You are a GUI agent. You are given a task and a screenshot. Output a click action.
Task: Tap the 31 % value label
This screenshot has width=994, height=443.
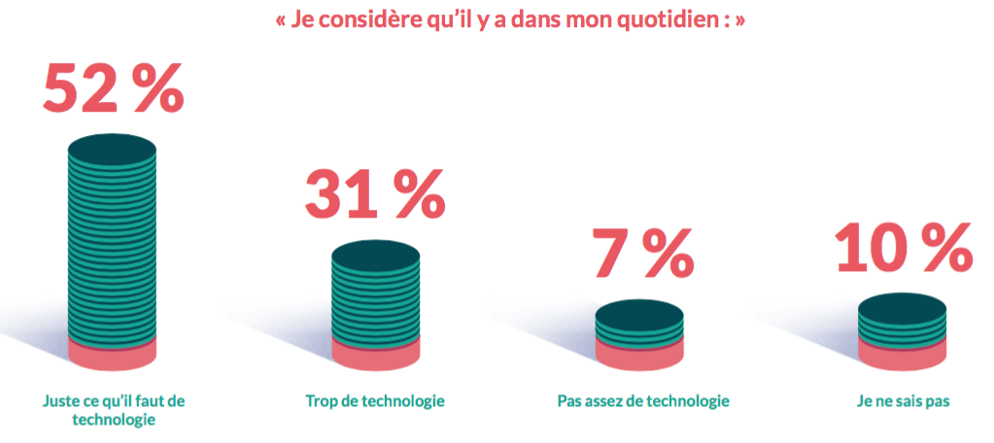(374, 193)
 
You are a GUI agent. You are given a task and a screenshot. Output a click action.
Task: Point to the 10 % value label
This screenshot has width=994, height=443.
(904, 248)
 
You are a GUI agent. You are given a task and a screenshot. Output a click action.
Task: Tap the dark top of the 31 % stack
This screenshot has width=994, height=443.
(375, 255)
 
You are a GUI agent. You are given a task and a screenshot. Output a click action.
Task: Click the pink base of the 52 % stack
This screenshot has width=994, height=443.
(112, 356)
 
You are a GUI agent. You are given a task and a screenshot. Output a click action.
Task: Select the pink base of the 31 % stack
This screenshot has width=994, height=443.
(375, 356)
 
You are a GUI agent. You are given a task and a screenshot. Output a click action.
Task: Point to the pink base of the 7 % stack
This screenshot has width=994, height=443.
(638, 356)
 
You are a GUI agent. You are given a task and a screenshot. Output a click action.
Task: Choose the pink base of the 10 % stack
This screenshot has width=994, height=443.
(903, 356)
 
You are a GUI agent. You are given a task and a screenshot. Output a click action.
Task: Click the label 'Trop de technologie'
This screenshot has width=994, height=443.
(375, 401)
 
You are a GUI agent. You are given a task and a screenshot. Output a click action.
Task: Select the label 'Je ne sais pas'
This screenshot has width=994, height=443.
(903, 401)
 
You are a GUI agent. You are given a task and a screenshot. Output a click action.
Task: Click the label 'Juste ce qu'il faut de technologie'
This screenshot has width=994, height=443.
(114, 410)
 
